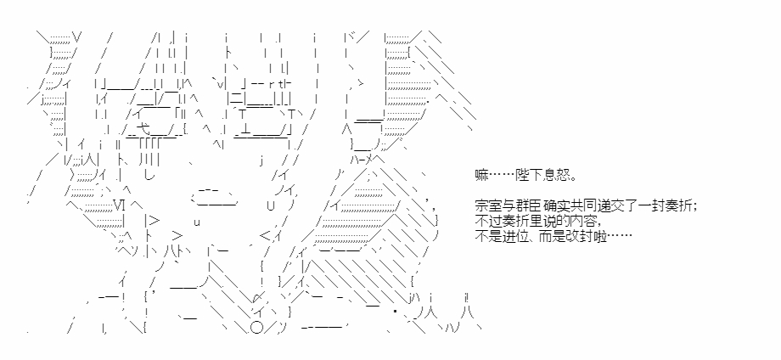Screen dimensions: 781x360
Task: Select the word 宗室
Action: [487, 206]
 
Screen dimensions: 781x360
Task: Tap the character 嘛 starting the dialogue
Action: [481, 177]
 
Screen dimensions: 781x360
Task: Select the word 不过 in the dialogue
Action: [487, 222]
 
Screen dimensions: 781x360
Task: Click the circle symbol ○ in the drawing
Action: [256, 329]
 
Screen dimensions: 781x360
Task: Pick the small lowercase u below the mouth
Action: [197, 222]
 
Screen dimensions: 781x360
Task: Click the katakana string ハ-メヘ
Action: [367, 160]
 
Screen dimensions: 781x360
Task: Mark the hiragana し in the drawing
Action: [149, 175]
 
